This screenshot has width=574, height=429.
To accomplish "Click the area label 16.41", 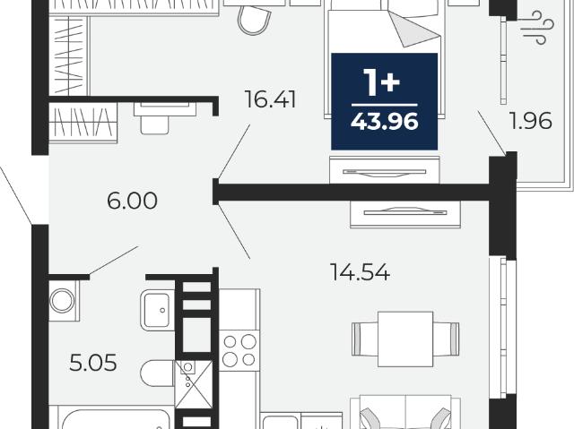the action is tap(270, 99).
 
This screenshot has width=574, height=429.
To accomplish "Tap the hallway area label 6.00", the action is tap(132, 201).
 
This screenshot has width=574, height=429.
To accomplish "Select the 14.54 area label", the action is tap(360, 272).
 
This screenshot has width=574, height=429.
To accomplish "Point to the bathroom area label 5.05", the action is tap(93, 363).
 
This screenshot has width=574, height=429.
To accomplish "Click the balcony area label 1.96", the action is tap(531, 121).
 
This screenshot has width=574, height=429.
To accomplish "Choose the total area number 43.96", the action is tap(385, 121).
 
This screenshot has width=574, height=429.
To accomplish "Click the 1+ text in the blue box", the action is tap(382, 82).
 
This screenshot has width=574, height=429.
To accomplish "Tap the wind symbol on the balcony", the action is tap(536, 28).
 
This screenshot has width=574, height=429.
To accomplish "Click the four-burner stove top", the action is tap(239, 350).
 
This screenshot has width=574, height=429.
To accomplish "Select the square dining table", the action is tap(405, 339).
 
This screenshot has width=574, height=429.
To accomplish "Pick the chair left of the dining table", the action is tap(365, 339).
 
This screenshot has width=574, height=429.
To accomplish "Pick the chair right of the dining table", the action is tap(447, 339).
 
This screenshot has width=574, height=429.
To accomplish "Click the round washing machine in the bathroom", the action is tap(62, 301).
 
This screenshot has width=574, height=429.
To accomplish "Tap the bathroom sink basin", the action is tap(158, 310).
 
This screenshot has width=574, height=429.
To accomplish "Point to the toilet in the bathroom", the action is tap(158, 373).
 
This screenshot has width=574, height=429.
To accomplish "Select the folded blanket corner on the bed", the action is tap(413, 30).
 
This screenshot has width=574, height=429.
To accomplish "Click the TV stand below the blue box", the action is tap(385, 170).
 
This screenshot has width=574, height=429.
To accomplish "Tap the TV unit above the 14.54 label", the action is tap(405, 214).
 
